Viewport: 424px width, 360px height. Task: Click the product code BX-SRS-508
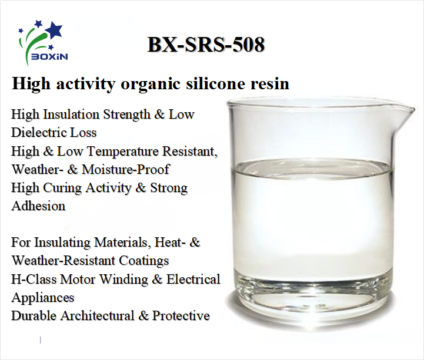pos(206,45)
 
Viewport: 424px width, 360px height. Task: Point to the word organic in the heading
pos(148,83)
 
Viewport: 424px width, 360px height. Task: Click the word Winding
pos(121,278)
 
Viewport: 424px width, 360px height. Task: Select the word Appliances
pos(43,297)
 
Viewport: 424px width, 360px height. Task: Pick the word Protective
pos(181,315)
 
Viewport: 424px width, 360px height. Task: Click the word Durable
pos(33,315)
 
